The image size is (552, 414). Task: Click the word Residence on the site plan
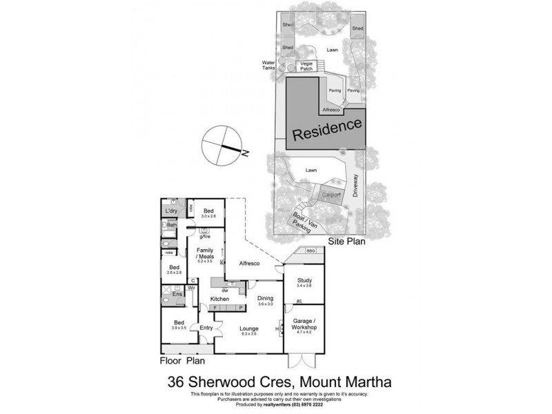click(327, 129)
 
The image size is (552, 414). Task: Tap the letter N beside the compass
click(245, 155)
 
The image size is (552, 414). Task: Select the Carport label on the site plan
click(331, 195)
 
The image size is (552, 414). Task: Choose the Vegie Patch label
click(307, 67)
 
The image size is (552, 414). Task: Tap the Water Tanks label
click(268, 65)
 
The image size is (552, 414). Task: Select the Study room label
click(305, 280)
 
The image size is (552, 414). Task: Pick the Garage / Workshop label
click(305, 324)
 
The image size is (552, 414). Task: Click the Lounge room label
click(249, 329)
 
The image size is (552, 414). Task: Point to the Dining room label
click(266, 297)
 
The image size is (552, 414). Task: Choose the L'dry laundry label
click(170, 209)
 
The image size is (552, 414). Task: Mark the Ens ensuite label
click(177, 294)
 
